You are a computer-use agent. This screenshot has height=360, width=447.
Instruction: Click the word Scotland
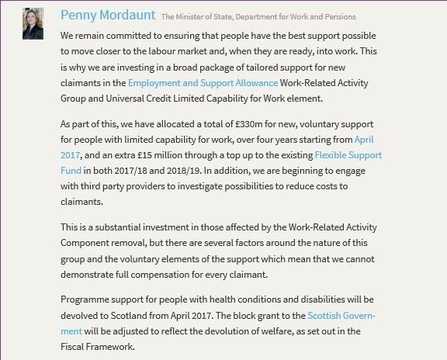click(x=126, y=316)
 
